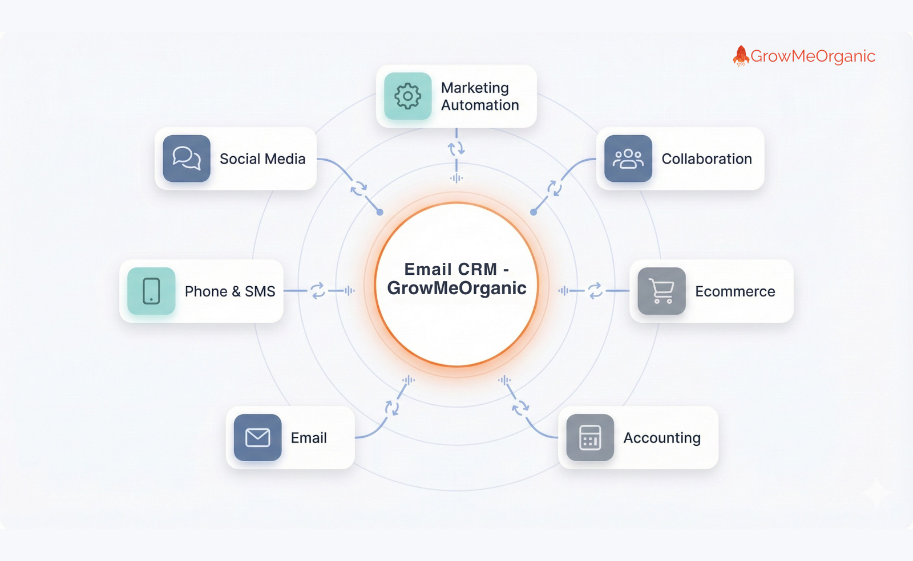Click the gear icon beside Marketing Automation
click(x=407, y=96)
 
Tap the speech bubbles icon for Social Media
click(x=187, y=158)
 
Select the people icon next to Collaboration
click(x=628, y=158)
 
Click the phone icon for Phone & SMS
click(x=151, y=291)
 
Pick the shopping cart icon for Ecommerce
click(x=661, y=291)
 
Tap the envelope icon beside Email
click(x=257, y=437)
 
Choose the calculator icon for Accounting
click(x=590, y=437)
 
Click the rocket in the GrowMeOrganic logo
click(x=741, y=56)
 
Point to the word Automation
click(x=480, y=105)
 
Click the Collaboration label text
click(x=706, y=159)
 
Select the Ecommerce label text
click(x=735, y=291)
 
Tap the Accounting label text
click(x=662, y=438)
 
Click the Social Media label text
click(x=262, y=159)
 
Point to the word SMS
click(x=260, y=291)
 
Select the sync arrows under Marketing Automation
click(x=457, y=149)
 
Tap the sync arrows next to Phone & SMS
click(x=318, y=291)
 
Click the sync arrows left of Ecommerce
click(x=595, y=291)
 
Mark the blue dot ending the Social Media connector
click(x=380, y=212)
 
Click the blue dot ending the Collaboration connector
click(x=534, y=212)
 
